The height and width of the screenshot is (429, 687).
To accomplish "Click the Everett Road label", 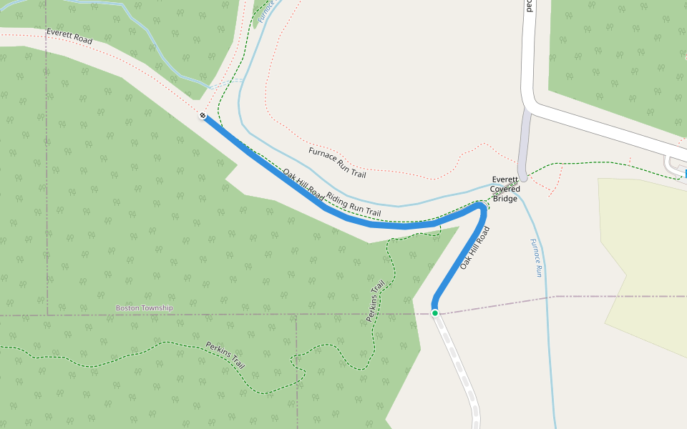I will tap(69, 37).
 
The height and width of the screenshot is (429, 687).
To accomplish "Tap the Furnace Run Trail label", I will tap(337, 163).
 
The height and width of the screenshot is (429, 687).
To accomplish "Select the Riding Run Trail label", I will tap(354, 204).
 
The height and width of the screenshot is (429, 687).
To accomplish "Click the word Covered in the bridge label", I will tap(505, 189).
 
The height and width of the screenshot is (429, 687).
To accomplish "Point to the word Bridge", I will tap(505, 198).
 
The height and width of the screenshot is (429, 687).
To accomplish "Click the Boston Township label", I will tap(145, 308).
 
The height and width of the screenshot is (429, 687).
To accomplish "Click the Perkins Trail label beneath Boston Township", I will tap(225, 355).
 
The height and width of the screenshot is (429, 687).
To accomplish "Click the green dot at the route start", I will tap(434, 312).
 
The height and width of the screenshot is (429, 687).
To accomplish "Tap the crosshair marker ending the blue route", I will tap(203, 115).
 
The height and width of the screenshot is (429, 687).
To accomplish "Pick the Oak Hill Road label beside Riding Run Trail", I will tap(303, 183).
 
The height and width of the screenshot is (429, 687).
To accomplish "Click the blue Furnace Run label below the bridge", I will tap(536, 257).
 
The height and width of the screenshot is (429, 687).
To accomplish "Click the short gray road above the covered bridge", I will tap(525, 143).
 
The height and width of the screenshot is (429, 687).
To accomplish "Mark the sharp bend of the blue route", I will tap(481, 207).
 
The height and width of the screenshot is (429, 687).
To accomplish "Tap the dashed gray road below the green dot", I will tap(462, 372).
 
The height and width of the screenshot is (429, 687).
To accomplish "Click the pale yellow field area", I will tap(644, 257).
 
